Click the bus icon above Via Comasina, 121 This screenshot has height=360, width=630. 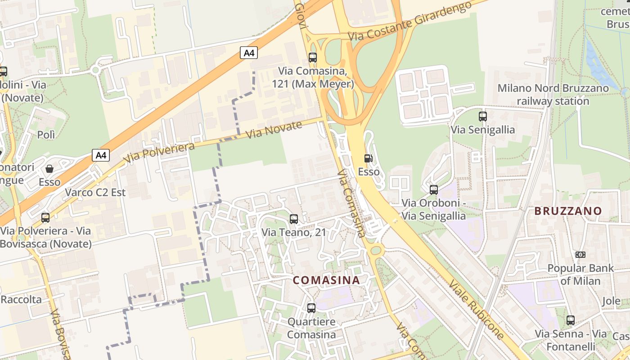coord(312,58)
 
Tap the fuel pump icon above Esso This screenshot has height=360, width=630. coord(368,158)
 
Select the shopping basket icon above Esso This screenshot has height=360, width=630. coord(49,169)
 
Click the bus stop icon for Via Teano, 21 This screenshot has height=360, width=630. coord(294,219)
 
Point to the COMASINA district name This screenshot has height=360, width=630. coord(326,280)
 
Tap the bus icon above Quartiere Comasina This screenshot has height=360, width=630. coord(311,308)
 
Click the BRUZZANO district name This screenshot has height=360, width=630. coord(568,211)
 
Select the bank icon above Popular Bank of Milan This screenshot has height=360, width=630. coord(580,255)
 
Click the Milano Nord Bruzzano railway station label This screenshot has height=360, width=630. coord(553,94)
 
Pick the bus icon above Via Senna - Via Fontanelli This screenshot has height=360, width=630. coord(571,320)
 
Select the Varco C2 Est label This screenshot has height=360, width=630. coord(95,193)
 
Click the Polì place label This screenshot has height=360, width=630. coord(46,135)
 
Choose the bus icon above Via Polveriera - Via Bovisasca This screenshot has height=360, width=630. coord(45,218)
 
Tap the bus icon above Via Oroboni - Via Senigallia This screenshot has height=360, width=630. coord(434,190)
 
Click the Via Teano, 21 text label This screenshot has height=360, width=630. coord(294,233)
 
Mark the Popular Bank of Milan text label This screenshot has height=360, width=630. coord(580,274)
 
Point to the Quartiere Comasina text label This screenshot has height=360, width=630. coord(311,328)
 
